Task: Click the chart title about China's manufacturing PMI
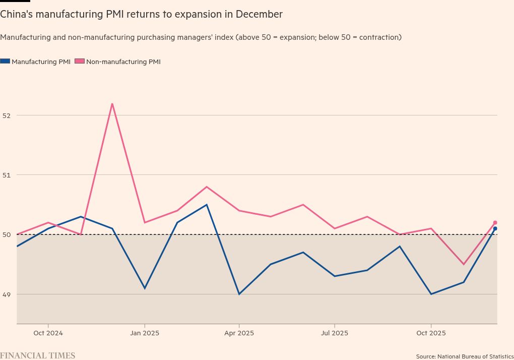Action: [x=142, y=15]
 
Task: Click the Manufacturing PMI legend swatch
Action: [x=5, y=62]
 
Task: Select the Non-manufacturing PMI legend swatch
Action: [x=80, y=62]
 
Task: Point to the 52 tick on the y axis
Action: [x=6, y=115]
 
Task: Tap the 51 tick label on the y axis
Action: [x=6, y=175]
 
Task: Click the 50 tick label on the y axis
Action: [x=6, y=234]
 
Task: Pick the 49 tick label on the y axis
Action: [x=6, y=294]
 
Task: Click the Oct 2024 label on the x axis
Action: [x=48, y=333]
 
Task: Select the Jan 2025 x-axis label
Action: [x=145, y=333]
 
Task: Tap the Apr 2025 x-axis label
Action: [x=239, y=333]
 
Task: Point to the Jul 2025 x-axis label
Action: [x=334, y=333]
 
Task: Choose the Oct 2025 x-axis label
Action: [x=431, y=333]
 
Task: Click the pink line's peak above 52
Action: [x=112, y=103]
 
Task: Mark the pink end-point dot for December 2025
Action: [x=495, y=222]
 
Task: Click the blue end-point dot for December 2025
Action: [x=495, y=228]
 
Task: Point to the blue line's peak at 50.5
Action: [x=207, y=205]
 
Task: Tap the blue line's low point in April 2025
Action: [x=239, y=294]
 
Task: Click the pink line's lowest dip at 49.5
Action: [x=463, y=264]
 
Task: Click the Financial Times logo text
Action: [x=38, y=355]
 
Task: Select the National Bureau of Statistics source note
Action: [x=465, y=356]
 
